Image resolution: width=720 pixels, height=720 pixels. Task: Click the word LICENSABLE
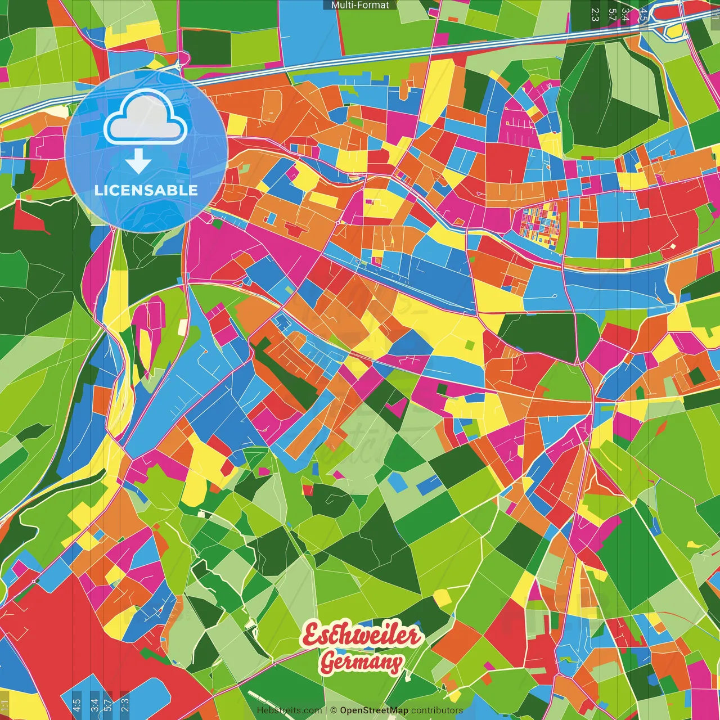pyautogui.click(x=146, y=190)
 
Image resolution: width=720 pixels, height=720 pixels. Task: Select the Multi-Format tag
pyautogui.click(x=360, y=5)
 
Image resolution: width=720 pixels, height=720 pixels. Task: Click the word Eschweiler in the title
pyautogui.click(x=361, y=636)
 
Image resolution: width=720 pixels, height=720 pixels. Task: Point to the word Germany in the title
pyautogui.click(x=361, y=663)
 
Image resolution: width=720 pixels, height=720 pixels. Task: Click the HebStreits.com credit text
pyautogui.click(x=289, y=710)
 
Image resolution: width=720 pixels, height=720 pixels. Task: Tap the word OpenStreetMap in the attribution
pyautogui.click(x=374, y=710)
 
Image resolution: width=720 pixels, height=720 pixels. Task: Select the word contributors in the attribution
pyautogui.click(x=437, y=710)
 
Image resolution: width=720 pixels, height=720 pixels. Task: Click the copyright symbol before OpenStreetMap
pyautogui.click(x=334, y=710)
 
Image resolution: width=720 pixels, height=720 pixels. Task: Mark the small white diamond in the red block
pyautogui.click(x=673, y=246)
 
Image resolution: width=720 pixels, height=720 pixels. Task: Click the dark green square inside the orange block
pyautogui.click(x=697, y=375)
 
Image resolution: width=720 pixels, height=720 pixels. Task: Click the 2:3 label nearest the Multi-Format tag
pyautogui.click(x=595, y=14)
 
